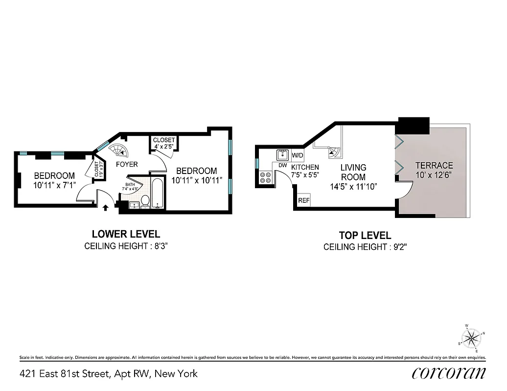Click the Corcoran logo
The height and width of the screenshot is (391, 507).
pos(449,373)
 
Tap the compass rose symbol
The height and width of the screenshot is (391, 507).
pos(472,338)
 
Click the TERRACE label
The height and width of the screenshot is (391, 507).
pos(434,165)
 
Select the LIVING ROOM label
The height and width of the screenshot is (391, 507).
pos(353,172)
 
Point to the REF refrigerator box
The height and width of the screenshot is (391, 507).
pos(304,200)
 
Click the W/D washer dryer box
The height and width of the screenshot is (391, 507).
pos(298,156)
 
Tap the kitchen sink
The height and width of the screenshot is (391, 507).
pos(283,155)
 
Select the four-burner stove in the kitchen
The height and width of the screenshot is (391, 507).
pos(266,177)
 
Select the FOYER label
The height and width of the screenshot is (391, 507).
pos(127,164)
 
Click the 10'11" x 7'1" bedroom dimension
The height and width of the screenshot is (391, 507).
pos(54,185)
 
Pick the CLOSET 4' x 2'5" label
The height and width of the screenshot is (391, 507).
pos(163,143)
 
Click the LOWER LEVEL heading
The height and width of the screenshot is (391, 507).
pos(126,234)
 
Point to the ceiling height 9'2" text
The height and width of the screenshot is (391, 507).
pos(365,247)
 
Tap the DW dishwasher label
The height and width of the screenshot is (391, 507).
pos(282,166)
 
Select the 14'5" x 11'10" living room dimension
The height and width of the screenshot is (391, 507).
pos(353,186)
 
